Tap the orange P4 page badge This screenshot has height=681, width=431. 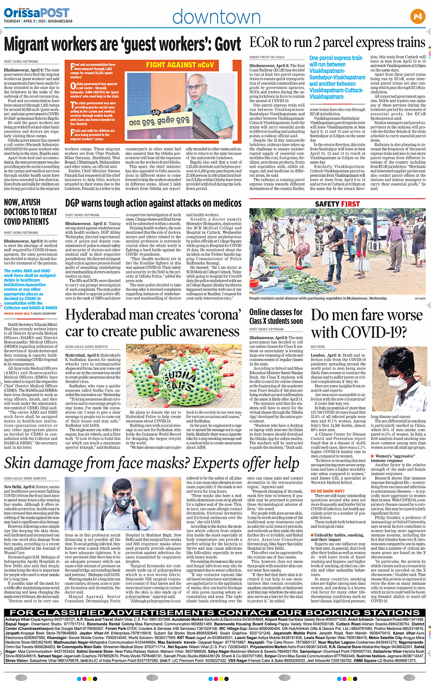point(417,17)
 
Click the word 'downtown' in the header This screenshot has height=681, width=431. point(216,17)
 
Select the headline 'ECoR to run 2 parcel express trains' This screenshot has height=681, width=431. point(337,43)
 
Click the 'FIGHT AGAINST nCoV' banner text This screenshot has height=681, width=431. point(180,65)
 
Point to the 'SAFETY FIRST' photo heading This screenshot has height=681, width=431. point(337,204)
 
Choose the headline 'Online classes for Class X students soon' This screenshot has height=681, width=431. point(276,316)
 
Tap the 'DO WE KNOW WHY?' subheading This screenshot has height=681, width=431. point(327,491)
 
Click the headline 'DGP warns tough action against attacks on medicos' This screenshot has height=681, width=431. point(153,203)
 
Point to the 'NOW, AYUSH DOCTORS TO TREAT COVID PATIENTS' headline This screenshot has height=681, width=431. point(31,212)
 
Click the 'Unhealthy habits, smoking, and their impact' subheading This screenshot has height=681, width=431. point(338,537)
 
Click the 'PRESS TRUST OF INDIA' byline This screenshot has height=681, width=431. point(267,57)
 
